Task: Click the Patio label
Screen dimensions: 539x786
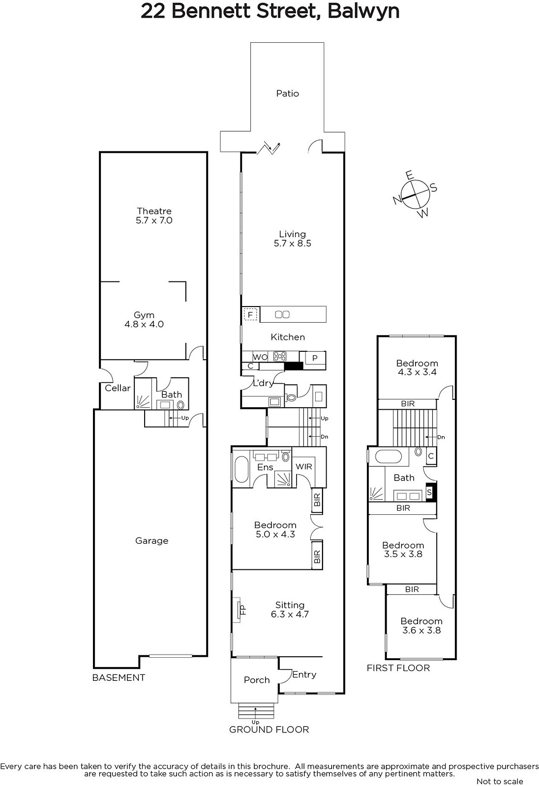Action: tap(287, 93)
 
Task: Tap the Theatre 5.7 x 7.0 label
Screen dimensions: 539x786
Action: tap(154, 216)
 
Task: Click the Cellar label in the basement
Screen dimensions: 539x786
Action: tap(118, 388)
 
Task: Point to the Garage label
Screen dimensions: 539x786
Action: tap(152, 541)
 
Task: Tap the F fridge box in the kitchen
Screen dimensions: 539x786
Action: tap(250, 315)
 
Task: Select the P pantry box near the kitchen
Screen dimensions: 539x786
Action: tap(315, 358)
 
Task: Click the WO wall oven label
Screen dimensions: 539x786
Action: tap(260, 357)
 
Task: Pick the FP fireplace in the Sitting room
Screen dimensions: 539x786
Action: tap(239, 610)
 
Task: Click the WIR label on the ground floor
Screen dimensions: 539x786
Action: tap(303, 467)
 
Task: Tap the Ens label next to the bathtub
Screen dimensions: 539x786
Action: tap(265, 467)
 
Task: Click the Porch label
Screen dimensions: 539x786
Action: tap(257, 680)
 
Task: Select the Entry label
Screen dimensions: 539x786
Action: tap(304, 674)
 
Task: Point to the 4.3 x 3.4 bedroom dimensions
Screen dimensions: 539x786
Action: tap(417, 372)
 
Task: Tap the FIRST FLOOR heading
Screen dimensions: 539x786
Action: tap(398, 668)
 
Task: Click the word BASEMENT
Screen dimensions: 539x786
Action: tap(119, 677)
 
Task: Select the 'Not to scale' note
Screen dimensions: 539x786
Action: tap(500, 782)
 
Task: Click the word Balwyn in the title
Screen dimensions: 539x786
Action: tap(363, 11)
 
